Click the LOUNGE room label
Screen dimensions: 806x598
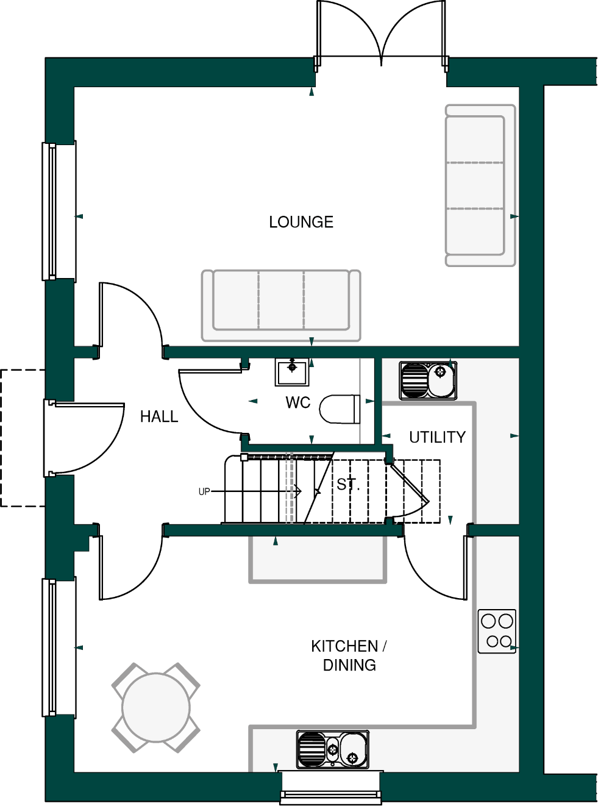(301, 222)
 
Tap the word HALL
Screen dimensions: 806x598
(159, 416)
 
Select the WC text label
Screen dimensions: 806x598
(298, 402)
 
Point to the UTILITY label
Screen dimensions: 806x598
(437, 437)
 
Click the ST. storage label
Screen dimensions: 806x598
(348, 485)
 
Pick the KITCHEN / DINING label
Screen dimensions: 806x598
(349, 655)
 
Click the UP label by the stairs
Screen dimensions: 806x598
(204, 491)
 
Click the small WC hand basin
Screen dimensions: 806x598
(292, 372)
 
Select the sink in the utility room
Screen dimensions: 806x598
(428, 380)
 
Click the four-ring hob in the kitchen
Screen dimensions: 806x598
(497, 631)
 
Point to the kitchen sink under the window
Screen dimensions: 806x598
(333, 749)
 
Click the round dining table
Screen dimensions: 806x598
(156, 708)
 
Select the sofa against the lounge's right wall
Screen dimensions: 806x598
(480, 185)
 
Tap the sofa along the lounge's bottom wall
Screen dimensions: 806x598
(281, 305)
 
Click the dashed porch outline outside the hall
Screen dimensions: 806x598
(18, 438)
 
